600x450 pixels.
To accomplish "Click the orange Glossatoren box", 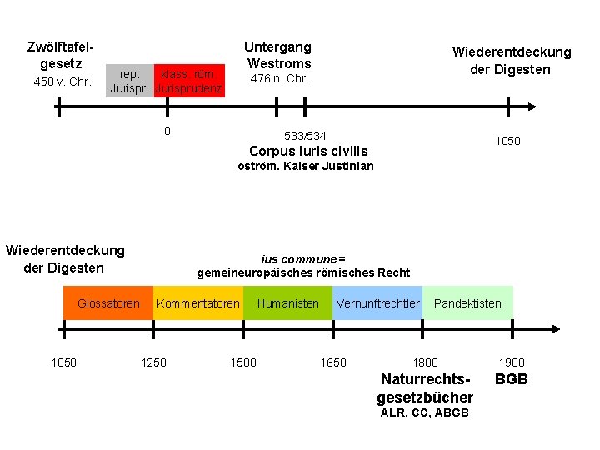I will (108, 303).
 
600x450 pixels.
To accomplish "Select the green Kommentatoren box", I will (198, 303).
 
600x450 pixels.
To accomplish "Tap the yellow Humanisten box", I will (287, 303).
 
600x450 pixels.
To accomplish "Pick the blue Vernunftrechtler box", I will (377, 303).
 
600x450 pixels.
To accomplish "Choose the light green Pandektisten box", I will (468, 303).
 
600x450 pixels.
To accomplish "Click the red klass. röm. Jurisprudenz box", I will (191, 80).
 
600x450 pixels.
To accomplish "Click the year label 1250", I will (153, 362).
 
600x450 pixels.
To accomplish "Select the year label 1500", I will (243, 362).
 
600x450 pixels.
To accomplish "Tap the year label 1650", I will (333, 362).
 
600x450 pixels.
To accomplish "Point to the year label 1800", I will (425, 362).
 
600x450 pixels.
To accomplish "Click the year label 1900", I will (512, 362).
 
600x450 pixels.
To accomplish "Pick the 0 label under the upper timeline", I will (167, 131).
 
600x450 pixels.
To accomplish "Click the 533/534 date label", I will (305, 135).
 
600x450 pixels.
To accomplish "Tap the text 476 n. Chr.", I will (280, 79).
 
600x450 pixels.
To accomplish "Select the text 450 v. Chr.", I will (62, 82).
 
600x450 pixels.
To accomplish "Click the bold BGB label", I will (512, 380).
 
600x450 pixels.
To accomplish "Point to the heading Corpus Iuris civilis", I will (307, 151).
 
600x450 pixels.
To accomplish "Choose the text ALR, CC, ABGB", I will (424, 413).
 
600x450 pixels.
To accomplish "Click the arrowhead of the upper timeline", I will (531, 107).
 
